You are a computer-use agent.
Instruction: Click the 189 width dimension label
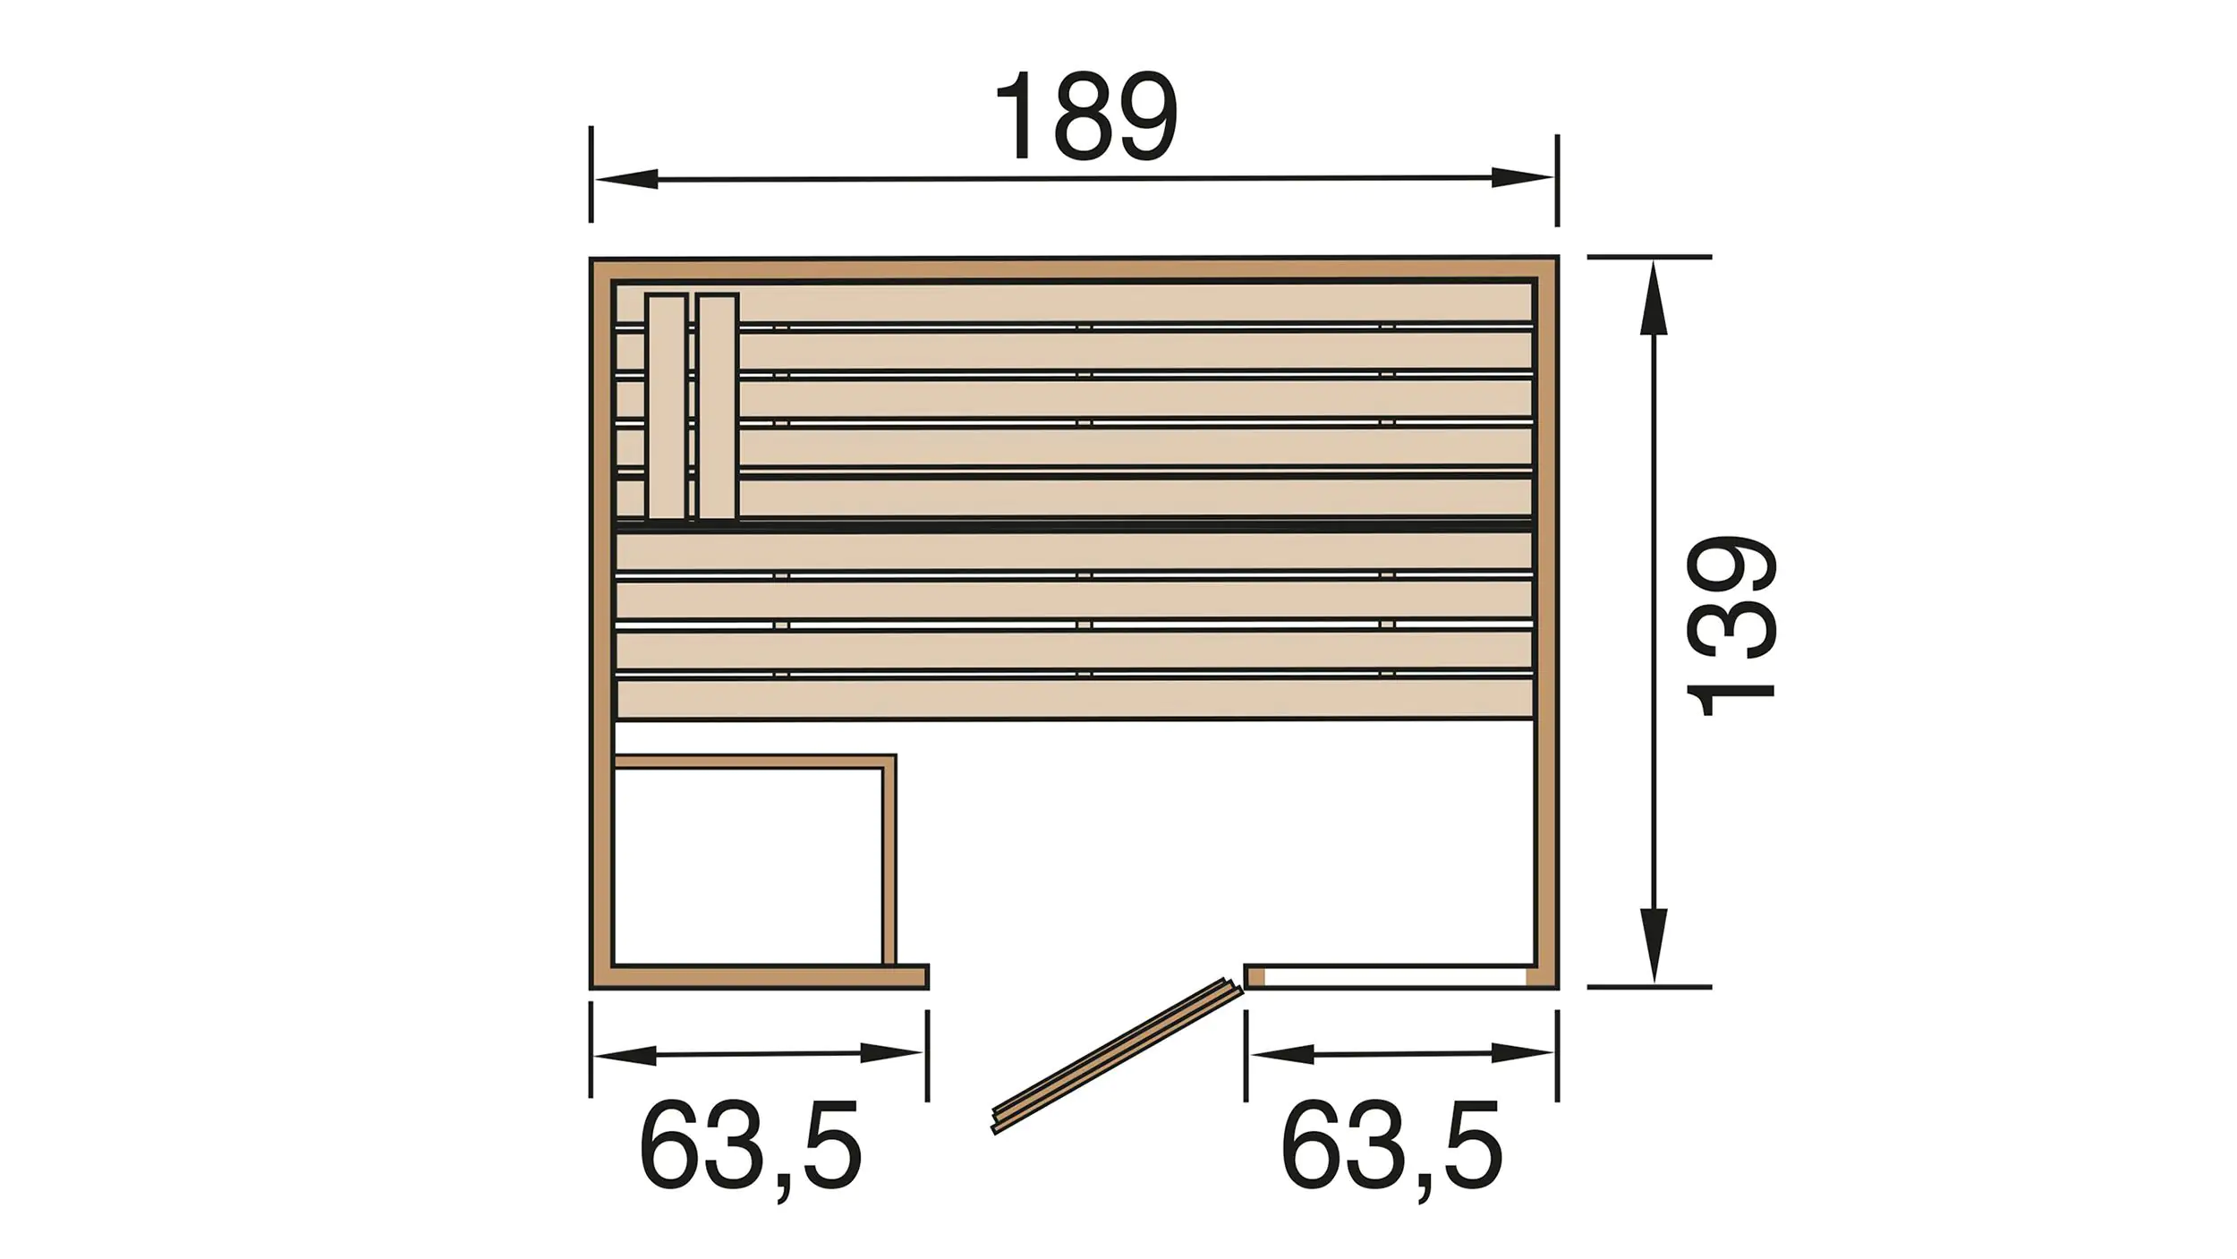1085,116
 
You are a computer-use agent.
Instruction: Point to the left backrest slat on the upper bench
667,405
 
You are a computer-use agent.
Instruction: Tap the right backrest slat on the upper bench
718,405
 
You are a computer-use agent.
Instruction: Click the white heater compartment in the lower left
749,865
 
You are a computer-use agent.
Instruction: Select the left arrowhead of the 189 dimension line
627,179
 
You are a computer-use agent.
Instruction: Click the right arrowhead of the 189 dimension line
1522,177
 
